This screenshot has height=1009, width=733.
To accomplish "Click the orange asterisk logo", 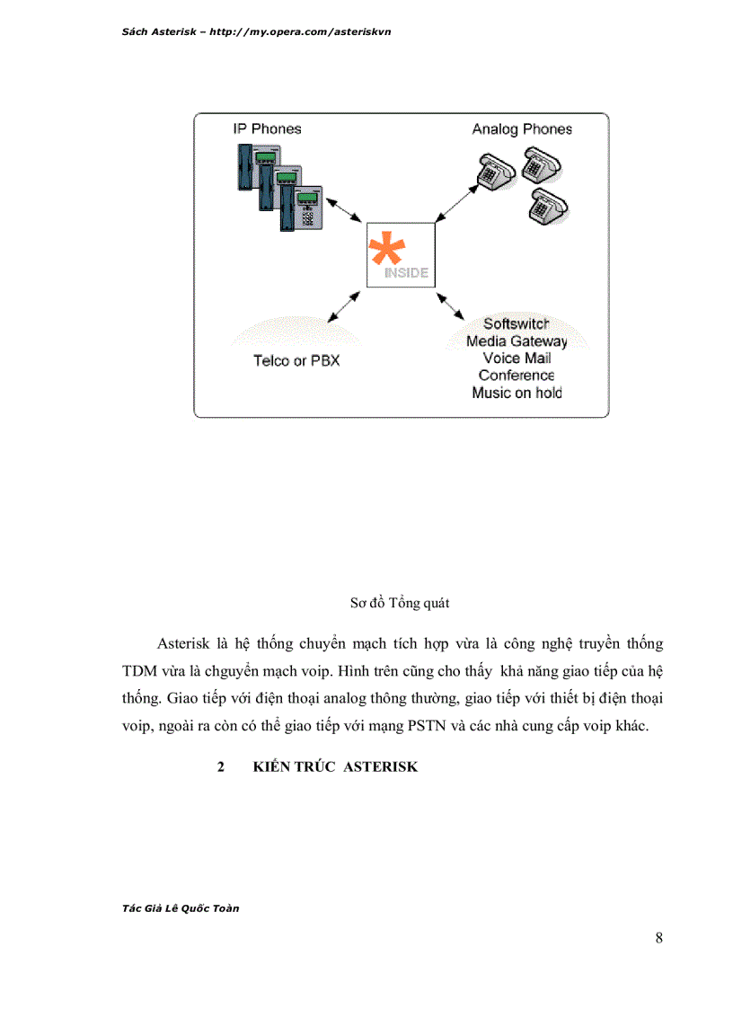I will pyautogui.click(x=387, y=248).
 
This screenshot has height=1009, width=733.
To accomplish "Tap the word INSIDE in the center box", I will pyautogui.click(x=407, y=273).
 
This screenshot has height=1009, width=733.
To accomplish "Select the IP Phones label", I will pyautogui.click(x=268, y=129).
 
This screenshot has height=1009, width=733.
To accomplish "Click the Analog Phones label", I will pyautogui.click(x=522, y=129).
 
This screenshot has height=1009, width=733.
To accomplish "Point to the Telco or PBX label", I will pyautogui.click(x=296, y=360).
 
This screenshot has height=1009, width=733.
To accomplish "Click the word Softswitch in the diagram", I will pyautogui.click(x=517, y=324).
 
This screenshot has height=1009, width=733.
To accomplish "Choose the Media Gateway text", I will pyautogui.click(x=517, y=341).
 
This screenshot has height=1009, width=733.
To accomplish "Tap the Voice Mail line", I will pyautogui.click(x=517, y=358).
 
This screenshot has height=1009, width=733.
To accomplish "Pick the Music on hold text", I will pyautogui.click(x=517, y=393).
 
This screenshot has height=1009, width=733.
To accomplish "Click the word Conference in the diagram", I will pyautogui.click(x=517, y=376).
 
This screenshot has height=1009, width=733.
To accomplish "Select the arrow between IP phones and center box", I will pyautogui.click(x=344, y=208).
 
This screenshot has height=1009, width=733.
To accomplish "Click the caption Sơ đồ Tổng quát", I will pyautogui.click(x=399, y=603).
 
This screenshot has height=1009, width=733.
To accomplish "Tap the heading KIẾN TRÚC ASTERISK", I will pyautogui.click(x=335, y=768).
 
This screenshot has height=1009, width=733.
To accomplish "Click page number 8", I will pyautogui.click(x=659, y=939).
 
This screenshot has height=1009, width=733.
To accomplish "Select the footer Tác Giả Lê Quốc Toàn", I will pyautogui.click(x=180, y=907).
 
